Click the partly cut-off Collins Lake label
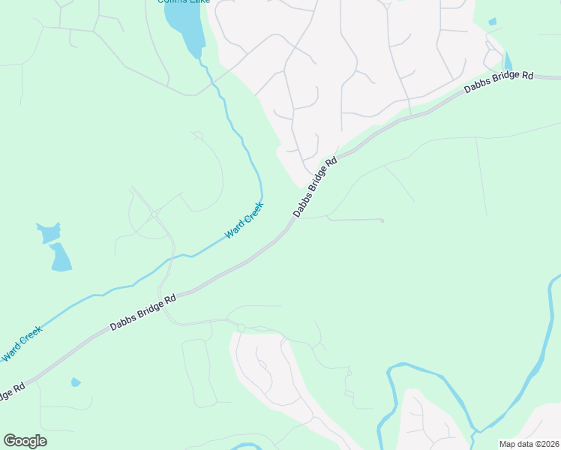coord(183,2)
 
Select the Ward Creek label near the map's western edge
coord(22,343)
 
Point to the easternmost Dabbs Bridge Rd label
coord(498,82)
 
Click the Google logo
coord(25,441)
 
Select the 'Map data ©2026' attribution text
coord(528,444)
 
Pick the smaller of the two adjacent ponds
coord(47,232)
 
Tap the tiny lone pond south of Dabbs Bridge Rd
coord(75,382)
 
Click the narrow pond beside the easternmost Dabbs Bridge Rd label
coord(508,61)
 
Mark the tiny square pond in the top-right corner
coord(492,22)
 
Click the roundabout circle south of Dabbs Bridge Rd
coord(241,328)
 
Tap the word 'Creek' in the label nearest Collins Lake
coord(253,213)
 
